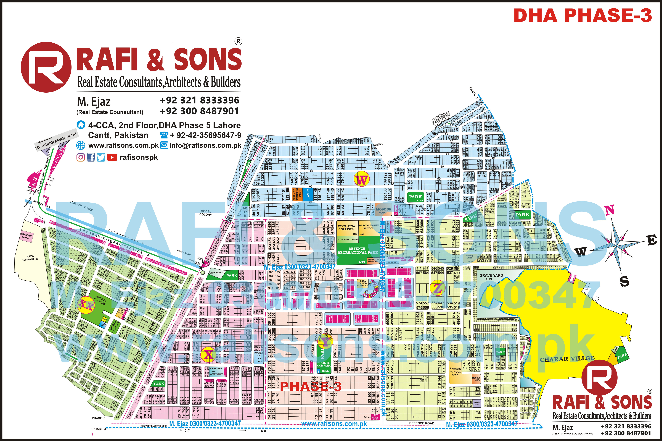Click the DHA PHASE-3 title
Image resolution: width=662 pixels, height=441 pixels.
coord(582,15)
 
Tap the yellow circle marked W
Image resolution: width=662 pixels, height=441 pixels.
coord(362,179)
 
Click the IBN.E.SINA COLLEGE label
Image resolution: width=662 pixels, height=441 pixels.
coord(346,228)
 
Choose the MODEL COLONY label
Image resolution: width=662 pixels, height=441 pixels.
coord(206,213)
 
